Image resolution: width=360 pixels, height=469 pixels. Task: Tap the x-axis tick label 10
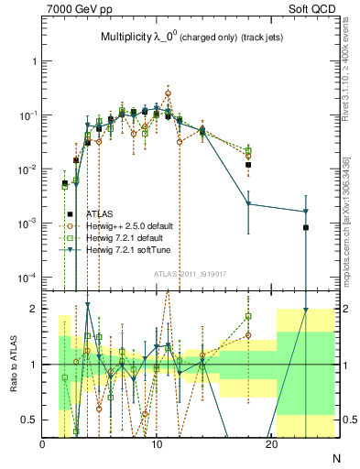157,443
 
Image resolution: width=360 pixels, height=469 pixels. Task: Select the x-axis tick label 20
271,443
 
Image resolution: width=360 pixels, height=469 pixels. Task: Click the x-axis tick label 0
43,443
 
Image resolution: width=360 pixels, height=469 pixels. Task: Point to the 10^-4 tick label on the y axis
26,278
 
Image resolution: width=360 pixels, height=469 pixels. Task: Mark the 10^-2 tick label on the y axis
26,169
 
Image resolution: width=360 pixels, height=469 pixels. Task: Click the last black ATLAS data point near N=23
306,227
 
